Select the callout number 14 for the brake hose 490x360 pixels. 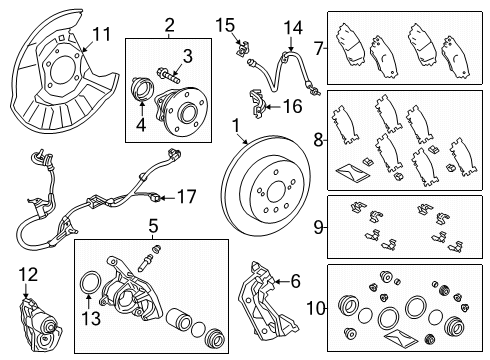(x=291, y=27)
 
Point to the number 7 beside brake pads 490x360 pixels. (x=317, y=47)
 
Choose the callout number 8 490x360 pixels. (x=317, y=141)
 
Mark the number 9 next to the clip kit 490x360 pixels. (x=317, y=227)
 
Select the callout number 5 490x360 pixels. (x=153, y=226)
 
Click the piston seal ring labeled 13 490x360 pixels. (x=90, y=299)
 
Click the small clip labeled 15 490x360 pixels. (x=242, y=45)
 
